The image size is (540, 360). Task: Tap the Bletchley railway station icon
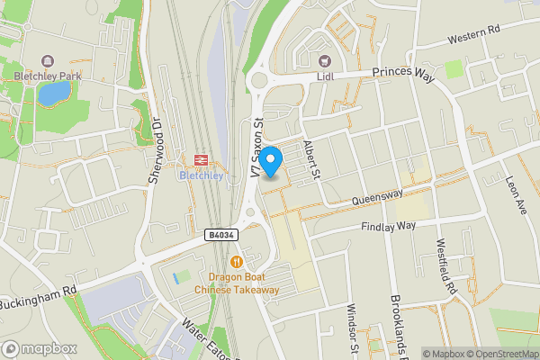click(200, 159)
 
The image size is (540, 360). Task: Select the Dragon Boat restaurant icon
click(237, 262)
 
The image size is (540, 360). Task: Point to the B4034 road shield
click(220, 235)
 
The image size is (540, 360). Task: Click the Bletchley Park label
click(47, 76)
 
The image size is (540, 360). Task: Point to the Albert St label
click(311, 160)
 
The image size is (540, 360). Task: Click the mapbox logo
click(40, 348)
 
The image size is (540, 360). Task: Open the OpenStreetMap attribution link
click(498, 353)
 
